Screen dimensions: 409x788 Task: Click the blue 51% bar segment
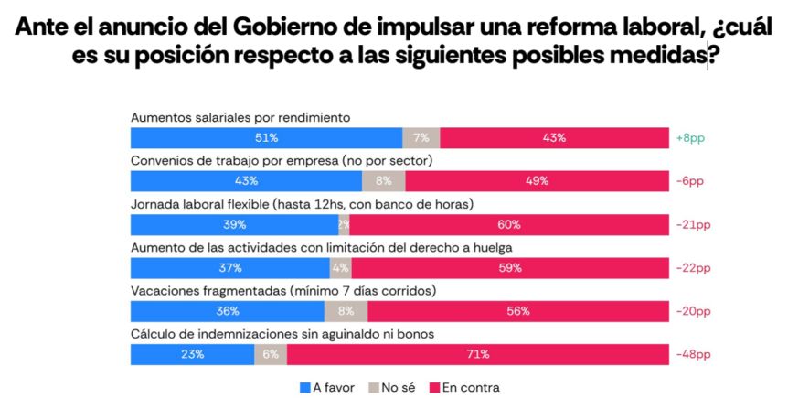click(x=266, y=138)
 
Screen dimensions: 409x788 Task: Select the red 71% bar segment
click(x=477, y=355)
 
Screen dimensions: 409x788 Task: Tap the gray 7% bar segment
click(x=421, y=138)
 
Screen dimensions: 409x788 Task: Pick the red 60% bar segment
click(x=508, y=225)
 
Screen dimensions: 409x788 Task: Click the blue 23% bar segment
click(x=192, y=355)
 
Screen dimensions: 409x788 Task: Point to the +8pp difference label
click(x=690, y=138)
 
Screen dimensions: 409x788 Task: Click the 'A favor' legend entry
click(x=328, y=388)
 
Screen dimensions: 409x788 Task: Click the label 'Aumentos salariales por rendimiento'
click(x=241, y=117)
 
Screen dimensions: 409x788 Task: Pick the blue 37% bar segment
click(x=229, y=268)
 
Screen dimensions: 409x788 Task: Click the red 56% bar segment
click(x=517, y=311)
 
